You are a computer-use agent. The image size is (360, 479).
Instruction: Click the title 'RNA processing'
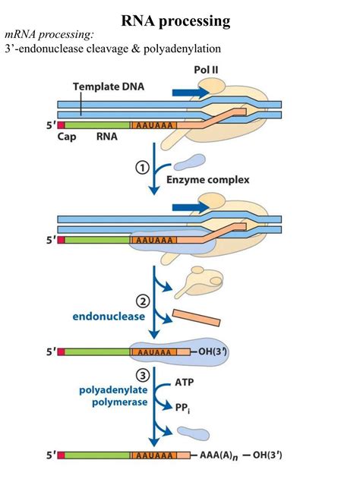coord(180,21)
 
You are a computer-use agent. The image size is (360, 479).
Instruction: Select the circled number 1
coord(141,169)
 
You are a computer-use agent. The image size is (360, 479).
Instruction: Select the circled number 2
coord(141,299)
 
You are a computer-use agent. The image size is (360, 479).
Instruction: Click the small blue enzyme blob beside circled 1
coord(188,162)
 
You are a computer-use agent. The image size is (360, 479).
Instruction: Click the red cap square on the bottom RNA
coord(61,456)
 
